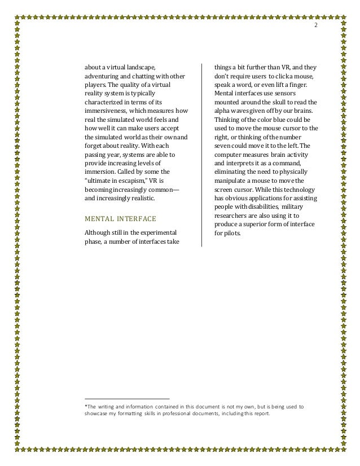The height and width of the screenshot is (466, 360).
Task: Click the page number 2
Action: point(315,27)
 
